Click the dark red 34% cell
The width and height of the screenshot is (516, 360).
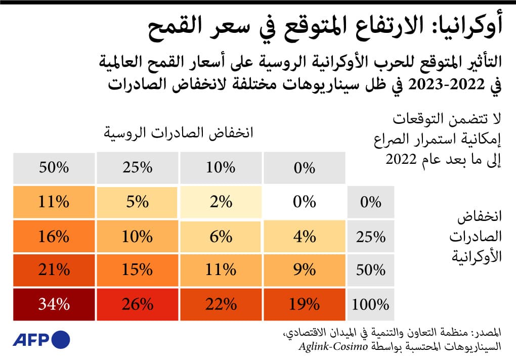point(54,304)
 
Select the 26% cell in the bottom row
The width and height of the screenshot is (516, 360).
point(137,304)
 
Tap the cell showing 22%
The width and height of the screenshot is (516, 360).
point(221,304)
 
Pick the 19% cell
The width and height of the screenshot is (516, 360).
point(304,304)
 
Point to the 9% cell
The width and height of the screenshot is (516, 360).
point(304,270)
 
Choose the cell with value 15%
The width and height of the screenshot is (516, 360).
point(137,270)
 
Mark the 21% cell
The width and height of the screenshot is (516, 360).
point(54,270)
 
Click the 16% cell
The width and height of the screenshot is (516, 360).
point(54,236)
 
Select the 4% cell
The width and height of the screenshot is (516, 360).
point(304,236)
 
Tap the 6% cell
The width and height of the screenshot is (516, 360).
point(221,236)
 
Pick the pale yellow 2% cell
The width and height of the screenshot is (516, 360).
point(221,202)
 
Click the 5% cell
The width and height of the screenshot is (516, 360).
point(137,202)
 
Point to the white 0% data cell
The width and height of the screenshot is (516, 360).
point(304,202)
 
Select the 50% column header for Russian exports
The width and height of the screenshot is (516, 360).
point(54,168)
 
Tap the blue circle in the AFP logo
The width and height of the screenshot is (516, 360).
point(61,338)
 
